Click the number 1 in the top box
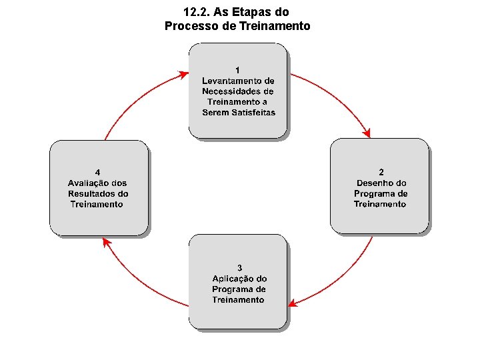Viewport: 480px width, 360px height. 238,69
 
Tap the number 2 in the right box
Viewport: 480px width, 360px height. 381,172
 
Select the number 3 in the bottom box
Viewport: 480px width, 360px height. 239,268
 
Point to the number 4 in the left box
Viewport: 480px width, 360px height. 98,172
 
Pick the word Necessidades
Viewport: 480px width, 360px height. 229,91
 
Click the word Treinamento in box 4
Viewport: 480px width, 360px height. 97,204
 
